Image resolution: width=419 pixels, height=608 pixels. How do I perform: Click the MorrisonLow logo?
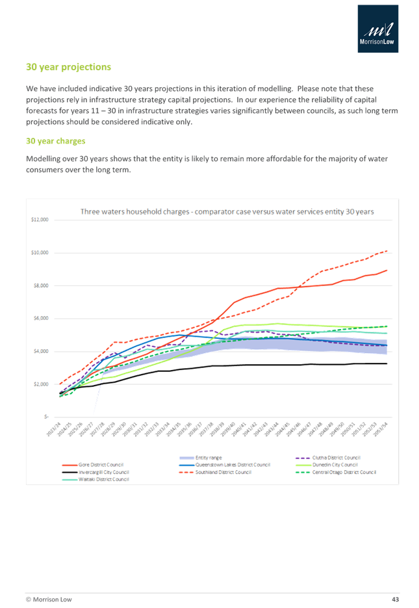click(x=378, y=28)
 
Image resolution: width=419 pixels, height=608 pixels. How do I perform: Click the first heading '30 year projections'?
click(x=68, y=67)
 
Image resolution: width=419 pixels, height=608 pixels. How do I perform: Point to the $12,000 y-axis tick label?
click(x=40, y=219)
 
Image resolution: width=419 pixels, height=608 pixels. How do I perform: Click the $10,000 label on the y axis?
click(x=40, y=252)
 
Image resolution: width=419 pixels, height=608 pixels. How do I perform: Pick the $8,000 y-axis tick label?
click(x=40, y=285)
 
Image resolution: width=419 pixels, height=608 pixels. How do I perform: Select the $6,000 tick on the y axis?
click(x=40, y=318)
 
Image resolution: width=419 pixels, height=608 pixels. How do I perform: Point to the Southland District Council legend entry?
click(x=227, y=471)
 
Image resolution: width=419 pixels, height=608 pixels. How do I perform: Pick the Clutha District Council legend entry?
click(x=338, y=457)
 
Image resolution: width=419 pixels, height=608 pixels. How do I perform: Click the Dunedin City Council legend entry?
click(x=335, y=464)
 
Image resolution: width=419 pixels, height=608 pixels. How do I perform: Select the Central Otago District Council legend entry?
click(x=344, y=471)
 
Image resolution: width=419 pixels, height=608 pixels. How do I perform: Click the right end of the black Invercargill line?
click(x=387, y=363)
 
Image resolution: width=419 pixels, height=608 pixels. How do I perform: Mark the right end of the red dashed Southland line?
click(x=387, y=250)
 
